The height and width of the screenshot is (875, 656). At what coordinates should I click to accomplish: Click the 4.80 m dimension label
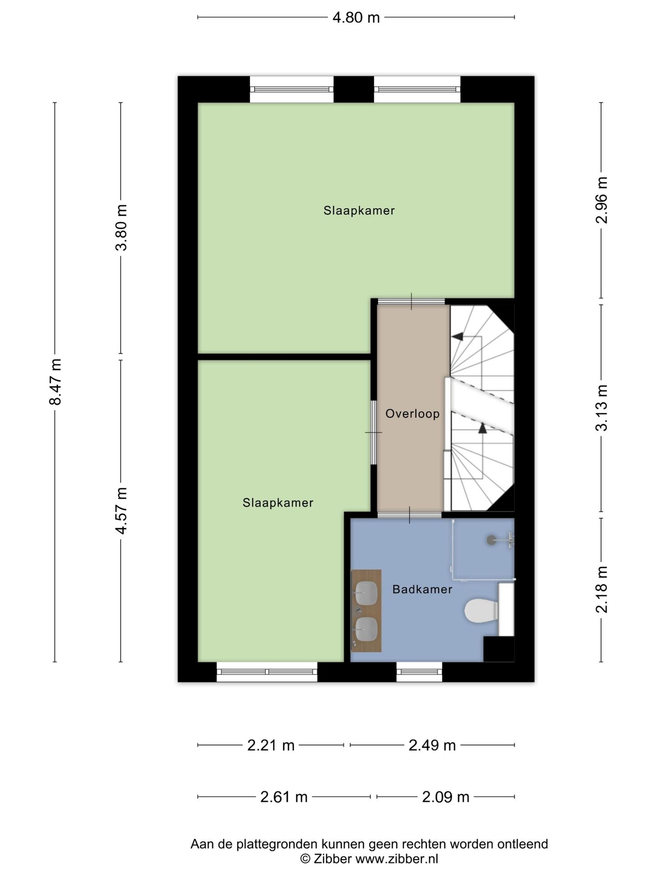[356, 17]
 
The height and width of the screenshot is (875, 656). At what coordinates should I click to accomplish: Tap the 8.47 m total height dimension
[56, 382]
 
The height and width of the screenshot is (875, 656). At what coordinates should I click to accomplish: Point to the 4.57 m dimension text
[121, 510]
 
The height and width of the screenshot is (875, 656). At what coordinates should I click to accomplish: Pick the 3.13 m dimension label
[602, 407]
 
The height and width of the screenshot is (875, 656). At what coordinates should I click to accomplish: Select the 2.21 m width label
[271, 745]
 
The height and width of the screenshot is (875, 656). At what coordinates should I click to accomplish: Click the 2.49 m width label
[432, 745]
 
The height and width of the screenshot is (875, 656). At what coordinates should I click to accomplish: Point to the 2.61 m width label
[284, 797]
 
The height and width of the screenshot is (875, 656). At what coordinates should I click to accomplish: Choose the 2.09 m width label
[446, 797]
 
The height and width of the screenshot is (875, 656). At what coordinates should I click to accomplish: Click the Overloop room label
[412, 414]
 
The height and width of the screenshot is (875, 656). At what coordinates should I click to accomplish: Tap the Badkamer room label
[422, 589]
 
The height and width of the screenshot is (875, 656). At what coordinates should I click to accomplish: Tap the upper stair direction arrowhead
[457, 336]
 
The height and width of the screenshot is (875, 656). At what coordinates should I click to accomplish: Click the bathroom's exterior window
[419, 672]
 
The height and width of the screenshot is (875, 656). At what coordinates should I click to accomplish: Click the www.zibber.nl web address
[396, 859]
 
